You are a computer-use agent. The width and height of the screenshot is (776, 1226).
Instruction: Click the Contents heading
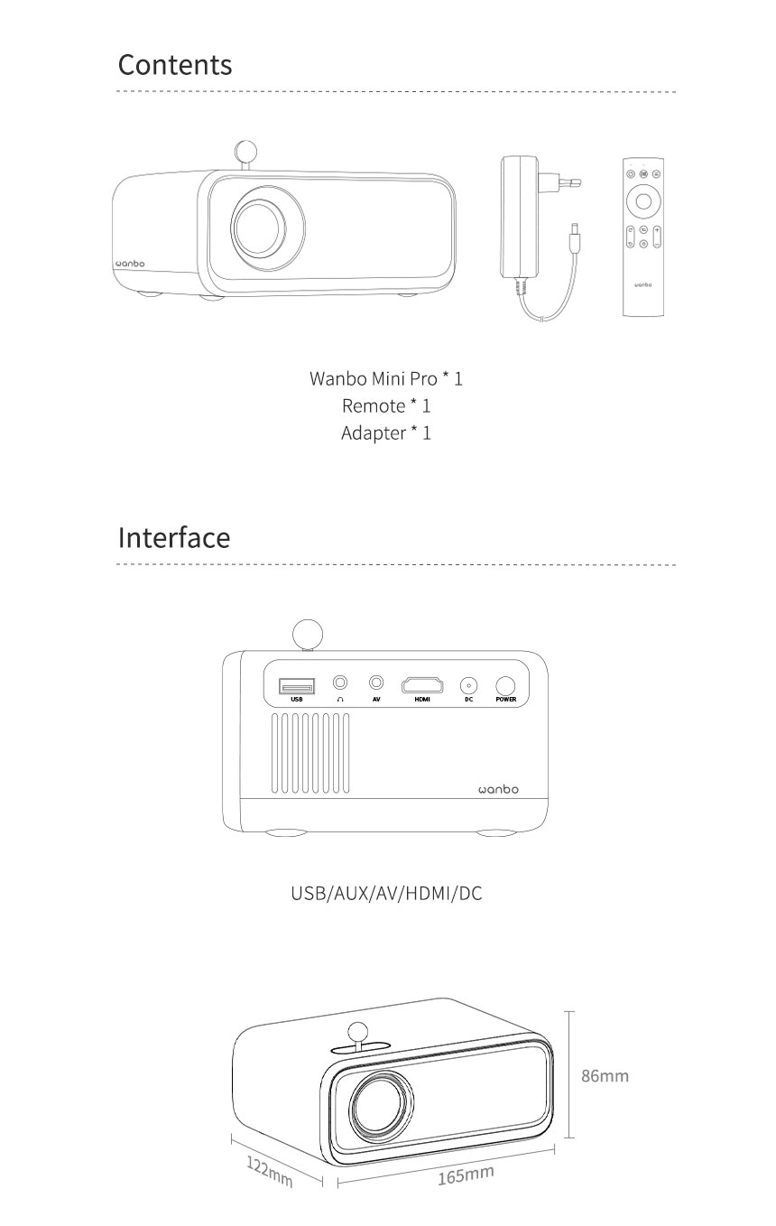pos(175,65)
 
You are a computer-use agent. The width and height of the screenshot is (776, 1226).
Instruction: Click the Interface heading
pos(174,537)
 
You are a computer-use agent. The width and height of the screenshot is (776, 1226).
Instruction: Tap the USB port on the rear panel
pos(296,686)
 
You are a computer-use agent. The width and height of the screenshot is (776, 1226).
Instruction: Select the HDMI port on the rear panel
pos(422,685)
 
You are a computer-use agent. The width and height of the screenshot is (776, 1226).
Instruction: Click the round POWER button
pos(505,686)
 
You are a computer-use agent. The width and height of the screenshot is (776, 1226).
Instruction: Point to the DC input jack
pos(468,685)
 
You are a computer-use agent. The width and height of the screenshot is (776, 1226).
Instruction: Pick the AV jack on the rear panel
pos(375,683)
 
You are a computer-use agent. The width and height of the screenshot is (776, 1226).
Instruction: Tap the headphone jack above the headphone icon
pos(340,683)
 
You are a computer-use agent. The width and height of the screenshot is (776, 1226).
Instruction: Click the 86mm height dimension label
pos(605,1075)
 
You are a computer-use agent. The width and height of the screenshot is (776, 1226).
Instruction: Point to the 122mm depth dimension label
pos(270,1171)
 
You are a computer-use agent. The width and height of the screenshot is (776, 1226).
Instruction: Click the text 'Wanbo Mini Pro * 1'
pos(386,378)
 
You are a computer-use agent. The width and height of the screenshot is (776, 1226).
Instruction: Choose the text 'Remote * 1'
pos(386,405)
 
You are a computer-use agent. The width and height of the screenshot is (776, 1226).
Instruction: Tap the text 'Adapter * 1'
pos(386,433)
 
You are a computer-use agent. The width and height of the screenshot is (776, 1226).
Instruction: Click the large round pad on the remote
pos(643,200)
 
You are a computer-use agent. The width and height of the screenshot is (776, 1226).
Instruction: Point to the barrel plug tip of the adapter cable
pos(575,237)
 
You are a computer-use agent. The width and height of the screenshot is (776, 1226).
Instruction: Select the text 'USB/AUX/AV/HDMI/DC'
pos(386,893)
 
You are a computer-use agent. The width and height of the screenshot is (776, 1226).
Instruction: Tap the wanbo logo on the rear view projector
pos(498,789)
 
